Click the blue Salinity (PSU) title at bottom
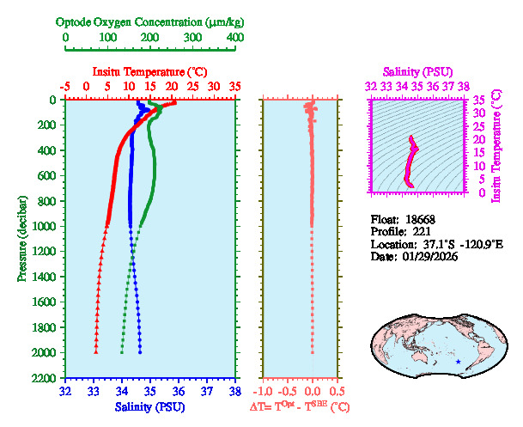pyautogui.click(x=150, y=406)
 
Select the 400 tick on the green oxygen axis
pyautogui.click(x=234, y=39)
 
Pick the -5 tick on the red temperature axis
pyautogui.click(x=65, y=87)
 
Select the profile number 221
pyautogui.click(x=423, y=231)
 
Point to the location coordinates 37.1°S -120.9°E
pyautogui.click(x=451, y=244)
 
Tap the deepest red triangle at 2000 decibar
pyautogui.click(x=95, y=352)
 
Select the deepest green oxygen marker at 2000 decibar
pyautogui.click(x=122, y=352)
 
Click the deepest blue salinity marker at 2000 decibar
pyautogui.click(x=140, y=352)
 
